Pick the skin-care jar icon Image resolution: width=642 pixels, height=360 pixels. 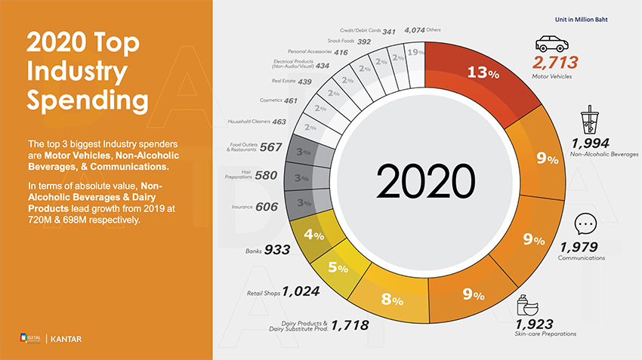tap(529, 306)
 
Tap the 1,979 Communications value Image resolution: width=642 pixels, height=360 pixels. tap(579, 247)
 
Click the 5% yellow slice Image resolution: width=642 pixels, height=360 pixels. tap(338, 267)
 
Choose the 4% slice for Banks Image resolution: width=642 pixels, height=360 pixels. tap(313, 235)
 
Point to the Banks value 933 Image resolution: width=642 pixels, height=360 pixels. tap(277, 250)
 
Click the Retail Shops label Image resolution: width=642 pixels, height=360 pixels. tap(263, 292)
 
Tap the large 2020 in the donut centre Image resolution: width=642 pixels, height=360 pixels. tap(426, 181)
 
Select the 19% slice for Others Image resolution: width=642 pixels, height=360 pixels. tap(414, 53)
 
